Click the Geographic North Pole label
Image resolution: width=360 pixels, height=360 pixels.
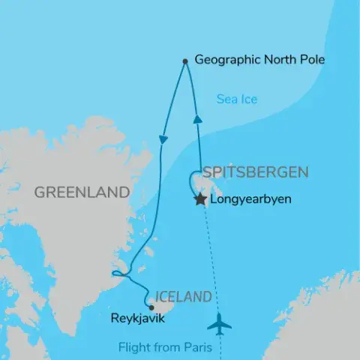coord(259,59)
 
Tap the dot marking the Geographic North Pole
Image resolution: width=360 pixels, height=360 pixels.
coord(184,61)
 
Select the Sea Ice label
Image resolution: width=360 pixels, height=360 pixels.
coord(237,98)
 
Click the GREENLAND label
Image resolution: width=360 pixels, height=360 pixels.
coord(82,192)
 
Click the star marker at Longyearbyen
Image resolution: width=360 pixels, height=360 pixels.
coord(200,199)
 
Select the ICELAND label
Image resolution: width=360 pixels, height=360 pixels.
coord(183,298)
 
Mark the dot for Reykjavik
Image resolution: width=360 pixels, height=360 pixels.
coord(151,307)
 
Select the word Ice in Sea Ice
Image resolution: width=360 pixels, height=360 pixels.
coord(249,98)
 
